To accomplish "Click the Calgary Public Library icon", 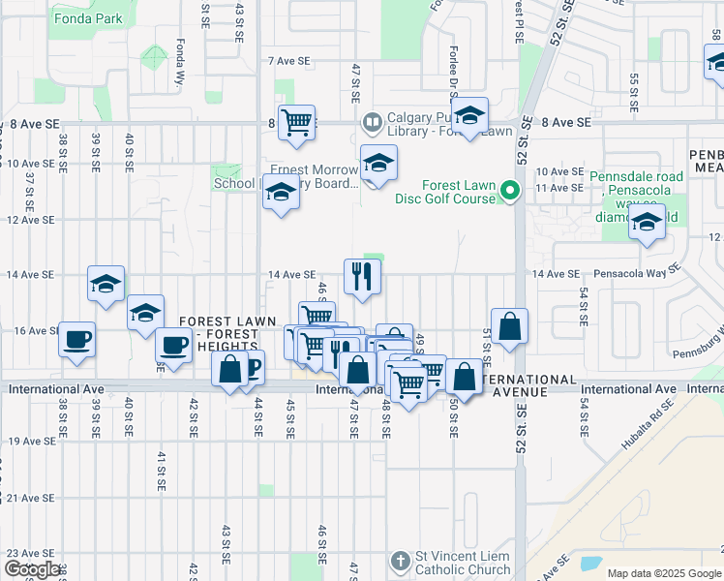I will coord(370,123).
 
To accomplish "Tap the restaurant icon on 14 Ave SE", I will coord(362,276).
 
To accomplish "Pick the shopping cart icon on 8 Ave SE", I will coord(296,122).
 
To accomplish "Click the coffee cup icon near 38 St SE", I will coord(77,340).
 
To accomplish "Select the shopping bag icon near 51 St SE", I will coord(509,326).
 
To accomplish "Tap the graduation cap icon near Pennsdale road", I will coord(647,223).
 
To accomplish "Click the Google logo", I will coord(32,569).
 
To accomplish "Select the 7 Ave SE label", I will coord(289,60).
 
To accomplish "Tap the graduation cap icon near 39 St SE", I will coord(106,283).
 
